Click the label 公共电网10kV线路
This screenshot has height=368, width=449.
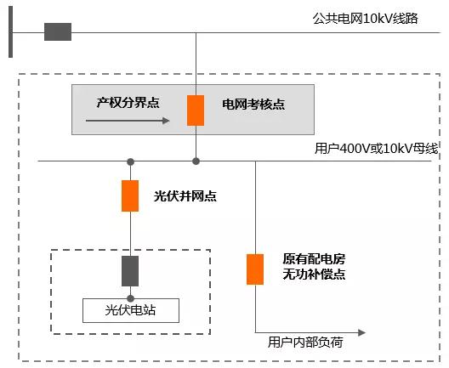point(366,19)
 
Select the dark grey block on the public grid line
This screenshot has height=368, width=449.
point(58,32)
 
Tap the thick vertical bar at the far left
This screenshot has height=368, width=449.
point(10,32)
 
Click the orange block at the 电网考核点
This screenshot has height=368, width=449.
point(196,110)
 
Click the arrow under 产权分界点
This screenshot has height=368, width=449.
point(128,121)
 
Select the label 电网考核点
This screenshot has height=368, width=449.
point(253,105)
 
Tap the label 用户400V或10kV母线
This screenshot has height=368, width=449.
point(375,149)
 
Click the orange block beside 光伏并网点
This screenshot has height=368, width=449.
point(130,195)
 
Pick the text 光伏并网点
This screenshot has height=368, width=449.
point(185,195)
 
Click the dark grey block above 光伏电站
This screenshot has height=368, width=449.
point(130,270)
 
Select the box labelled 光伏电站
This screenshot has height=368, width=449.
point(130,310)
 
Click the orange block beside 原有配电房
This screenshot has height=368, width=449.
point(255,269)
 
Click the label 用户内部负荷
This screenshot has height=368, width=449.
point(305,343)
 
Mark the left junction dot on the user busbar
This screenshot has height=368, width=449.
point(130,161)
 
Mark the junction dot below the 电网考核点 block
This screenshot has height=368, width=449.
point(196,161)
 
